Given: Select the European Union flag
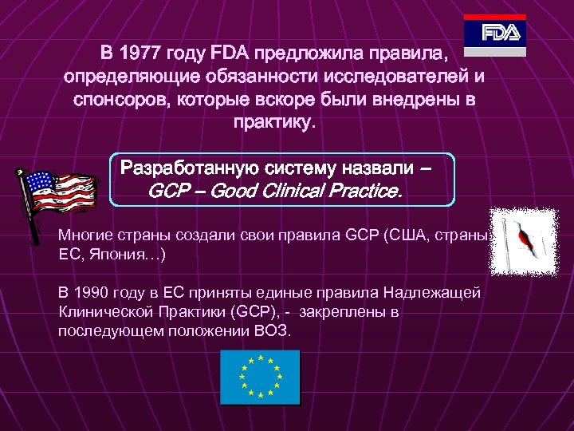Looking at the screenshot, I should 261,378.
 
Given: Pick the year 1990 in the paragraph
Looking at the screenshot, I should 101,293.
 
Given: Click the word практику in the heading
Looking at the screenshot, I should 274,123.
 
